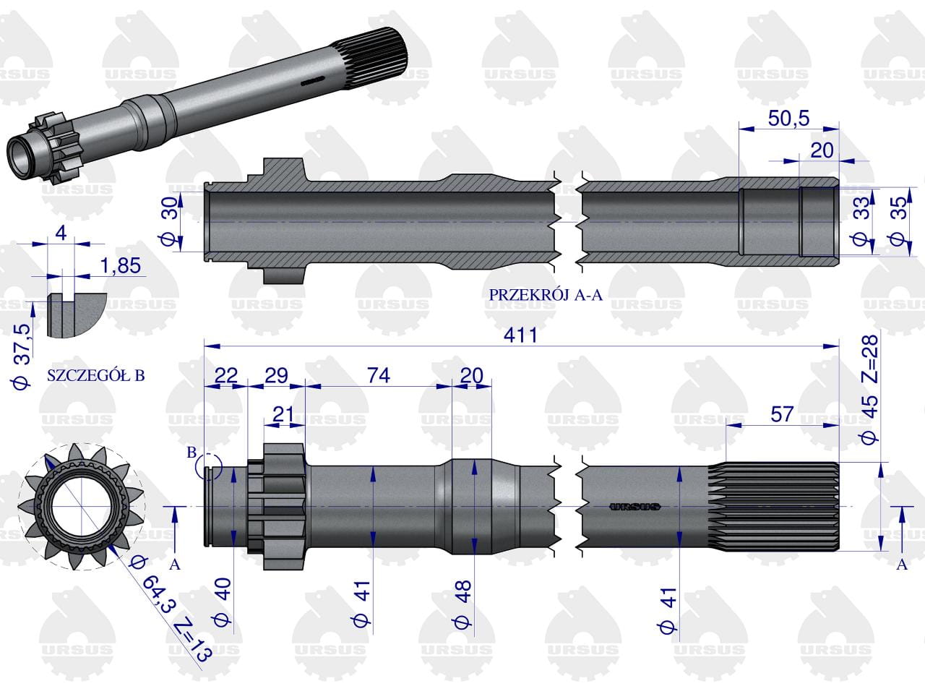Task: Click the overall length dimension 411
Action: [520, 335]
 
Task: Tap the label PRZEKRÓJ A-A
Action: [546, 295]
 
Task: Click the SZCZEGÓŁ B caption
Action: [95, 375]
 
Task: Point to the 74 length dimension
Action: [379, 375]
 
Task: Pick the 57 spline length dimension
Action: [782, 414]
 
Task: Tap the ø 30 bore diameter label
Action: [170, 222]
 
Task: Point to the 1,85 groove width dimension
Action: [121, 266]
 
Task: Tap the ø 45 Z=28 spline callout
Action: [869, 390]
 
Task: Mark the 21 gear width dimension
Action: [283, 414]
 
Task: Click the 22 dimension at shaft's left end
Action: [226, 375]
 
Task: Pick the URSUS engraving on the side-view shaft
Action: [635, 507]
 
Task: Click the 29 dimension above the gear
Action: [276, 375]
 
